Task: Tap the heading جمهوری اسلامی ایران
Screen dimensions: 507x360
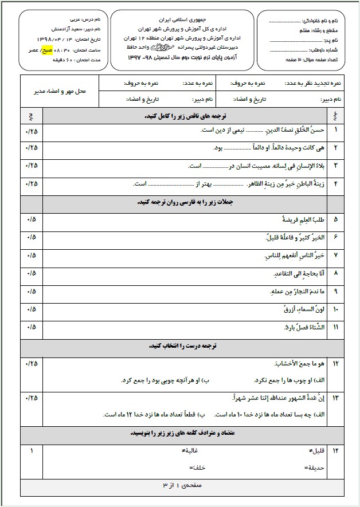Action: tap(183, 17)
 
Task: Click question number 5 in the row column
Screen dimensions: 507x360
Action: tap(335, 219)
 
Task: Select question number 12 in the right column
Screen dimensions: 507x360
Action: tap(335, 364)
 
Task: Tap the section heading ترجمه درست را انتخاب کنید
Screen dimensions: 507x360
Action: tap(183, 346)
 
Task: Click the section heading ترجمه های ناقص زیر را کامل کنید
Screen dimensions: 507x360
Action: tap(183, 116)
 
